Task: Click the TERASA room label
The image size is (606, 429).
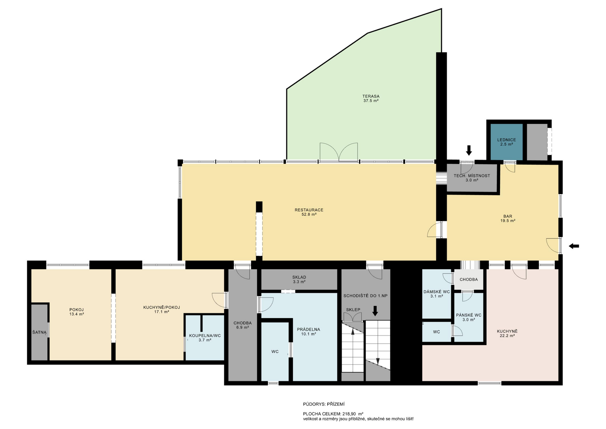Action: (371, 96)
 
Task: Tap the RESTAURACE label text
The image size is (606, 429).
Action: (309, 210)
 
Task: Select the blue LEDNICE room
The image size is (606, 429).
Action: (506, 142)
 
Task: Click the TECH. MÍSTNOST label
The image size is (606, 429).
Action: (472, 176)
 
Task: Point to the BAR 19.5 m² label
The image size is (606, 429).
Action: (508, 219)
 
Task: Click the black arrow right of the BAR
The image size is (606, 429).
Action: (574, 246)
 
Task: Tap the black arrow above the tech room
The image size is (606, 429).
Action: (469, 150)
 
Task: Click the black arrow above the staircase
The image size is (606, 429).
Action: (375, 311)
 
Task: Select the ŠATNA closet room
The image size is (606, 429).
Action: (39, 332)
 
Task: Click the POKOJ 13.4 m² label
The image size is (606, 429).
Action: (77, 312)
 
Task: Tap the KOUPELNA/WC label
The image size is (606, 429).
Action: (205, 335)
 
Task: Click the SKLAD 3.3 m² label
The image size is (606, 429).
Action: (299, 279)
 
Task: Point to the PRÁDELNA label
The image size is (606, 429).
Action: (308, 329)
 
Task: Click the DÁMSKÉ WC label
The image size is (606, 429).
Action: (437, 292)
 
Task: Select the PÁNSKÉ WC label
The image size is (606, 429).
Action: (469, 315)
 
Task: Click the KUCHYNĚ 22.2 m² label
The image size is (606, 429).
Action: (507, 333)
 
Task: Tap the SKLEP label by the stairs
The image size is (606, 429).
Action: (353, 310)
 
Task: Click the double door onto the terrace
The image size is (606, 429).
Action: (339, 152)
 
